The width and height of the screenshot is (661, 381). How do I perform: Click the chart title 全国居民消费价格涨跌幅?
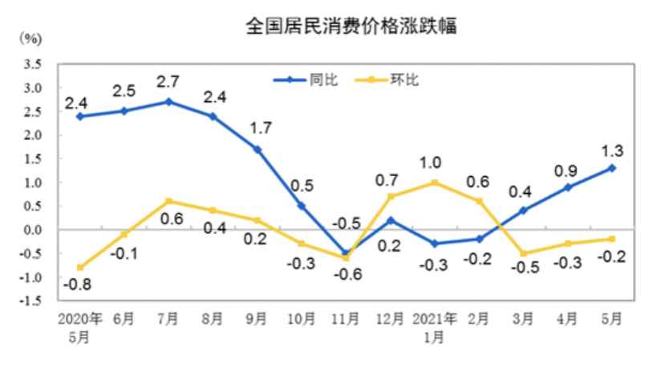pyautogui.click(x=351, y=27)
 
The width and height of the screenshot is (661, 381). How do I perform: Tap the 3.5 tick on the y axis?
pyautogui.click(x=32, y=63)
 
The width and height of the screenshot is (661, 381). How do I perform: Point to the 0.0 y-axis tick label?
pyautogui.click(x=32, y=231)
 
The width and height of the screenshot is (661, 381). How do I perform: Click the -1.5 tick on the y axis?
pyautogui.click(x=30, y=301)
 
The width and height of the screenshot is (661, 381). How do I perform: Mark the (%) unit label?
pyautogui.click(x=31, y=38)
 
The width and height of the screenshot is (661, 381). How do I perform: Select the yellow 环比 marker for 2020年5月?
pyautogui.click(x=80, y=268)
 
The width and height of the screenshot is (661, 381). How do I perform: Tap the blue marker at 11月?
pyautogui.click(x=346, y=253)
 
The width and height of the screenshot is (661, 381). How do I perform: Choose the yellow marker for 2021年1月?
pyautogui.click(x=434, y=182)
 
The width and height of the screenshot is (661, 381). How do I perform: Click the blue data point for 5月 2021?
pyautogui.click(x=611, y=168)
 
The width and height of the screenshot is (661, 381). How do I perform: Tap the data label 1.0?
pyautogui.click(x=434, y=162)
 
